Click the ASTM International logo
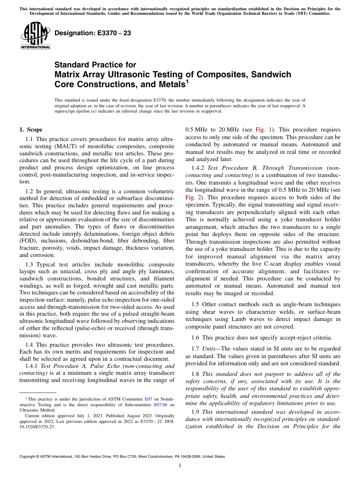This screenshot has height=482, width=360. tap(35, 36)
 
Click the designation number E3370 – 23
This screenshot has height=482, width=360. tap(93, 33)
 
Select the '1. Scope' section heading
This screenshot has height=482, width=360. tap(31, 130)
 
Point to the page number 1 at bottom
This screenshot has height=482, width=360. tap(180, 466)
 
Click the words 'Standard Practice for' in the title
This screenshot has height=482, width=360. tap(95, 65)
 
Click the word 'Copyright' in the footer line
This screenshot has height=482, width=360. tap(29, 457)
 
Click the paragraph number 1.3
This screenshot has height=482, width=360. tap(30, 264)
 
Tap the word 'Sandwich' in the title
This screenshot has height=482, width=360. tap(269, 74)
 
